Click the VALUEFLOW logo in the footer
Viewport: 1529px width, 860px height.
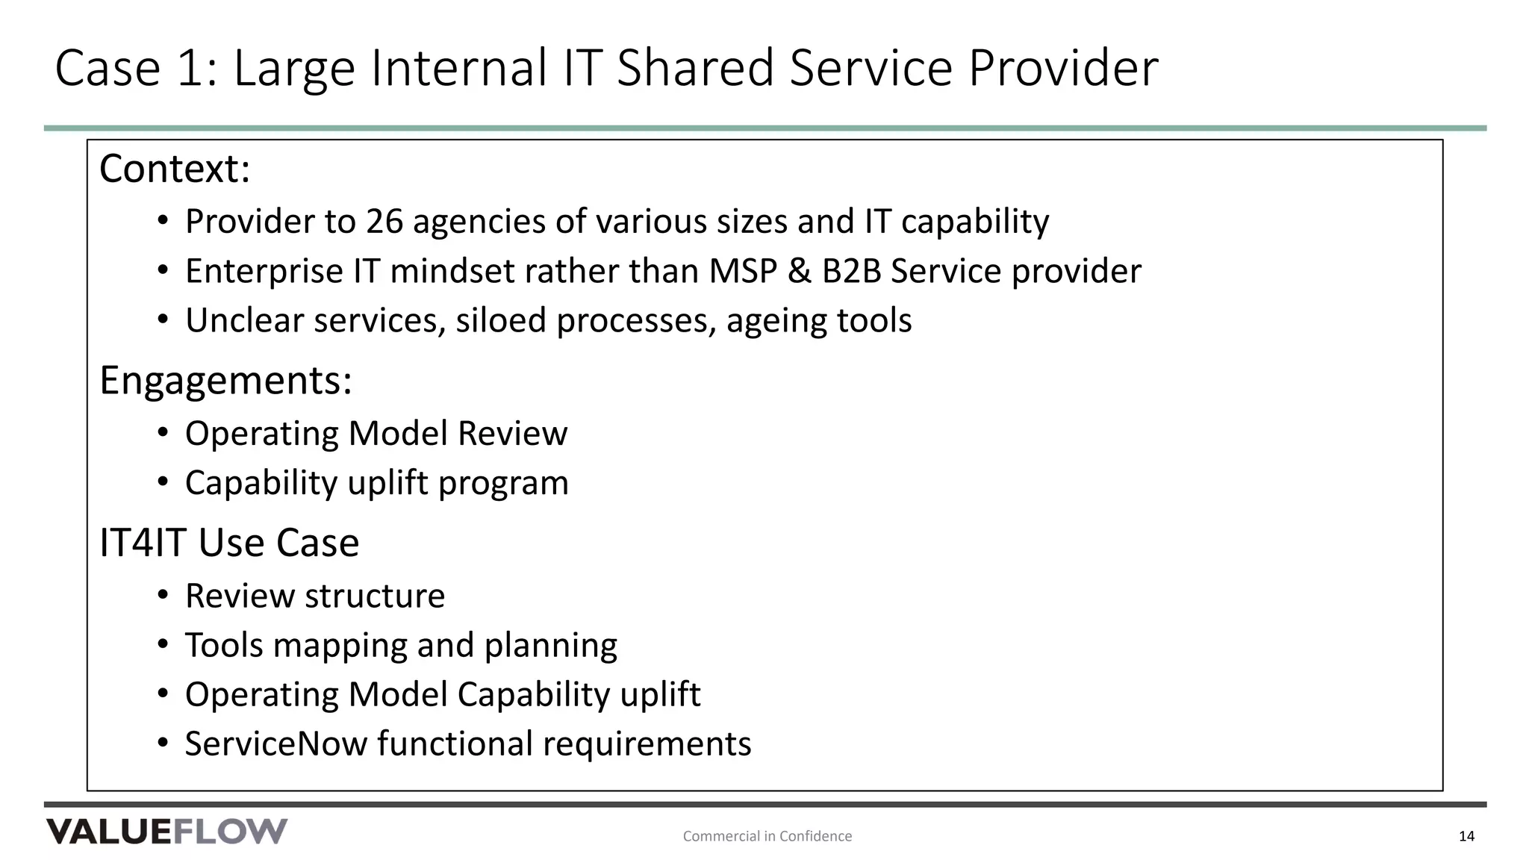(166, 832)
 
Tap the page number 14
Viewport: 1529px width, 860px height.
(1466, 836)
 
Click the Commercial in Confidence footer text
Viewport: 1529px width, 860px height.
(767, 836)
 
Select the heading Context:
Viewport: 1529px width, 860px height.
(175, 169)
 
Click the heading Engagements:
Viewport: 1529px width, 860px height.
(225, 380)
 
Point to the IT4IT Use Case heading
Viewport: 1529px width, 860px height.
(229, 543)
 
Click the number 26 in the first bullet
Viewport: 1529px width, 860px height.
(384, 222)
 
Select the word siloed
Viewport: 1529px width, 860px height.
(501, 320)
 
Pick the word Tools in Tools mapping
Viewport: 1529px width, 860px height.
(224, 645)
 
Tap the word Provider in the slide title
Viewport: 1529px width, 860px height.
(1063, 68)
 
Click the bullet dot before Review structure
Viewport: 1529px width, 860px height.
(163, 596)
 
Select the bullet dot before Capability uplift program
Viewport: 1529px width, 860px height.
(163, 482)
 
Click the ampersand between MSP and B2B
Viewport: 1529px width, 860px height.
(799, 271)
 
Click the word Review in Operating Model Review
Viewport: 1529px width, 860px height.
(512, 434)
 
